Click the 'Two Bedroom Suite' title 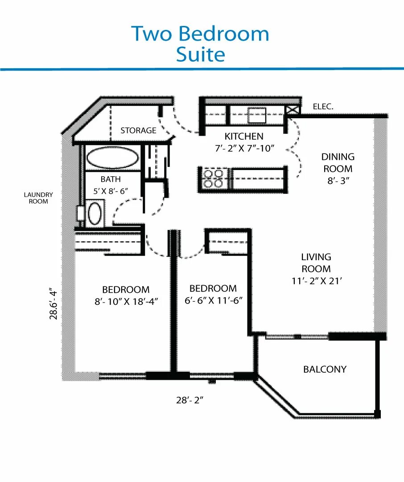tap(200, 44)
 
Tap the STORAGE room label tap(138, 130)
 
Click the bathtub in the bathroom tap(112, 158)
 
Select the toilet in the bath tap(95, 214)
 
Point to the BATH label tap(110, 179)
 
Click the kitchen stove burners tap(213, 178)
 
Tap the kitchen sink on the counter tap(257, 115)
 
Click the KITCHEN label tap(244, 137)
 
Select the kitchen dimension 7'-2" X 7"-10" tap(243, 149)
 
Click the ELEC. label tap(323, 107)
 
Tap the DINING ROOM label tap(338, 163)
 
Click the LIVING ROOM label tap(316, 263)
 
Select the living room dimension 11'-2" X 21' tap(316, 281)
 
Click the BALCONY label tap(325, 369)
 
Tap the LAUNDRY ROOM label tap(38, 198)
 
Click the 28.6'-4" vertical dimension tap(54, 304)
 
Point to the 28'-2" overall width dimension tap(190, 400)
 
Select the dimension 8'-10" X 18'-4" tap(126, 301)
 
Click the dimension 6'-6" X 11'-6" tap(213, 300)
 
